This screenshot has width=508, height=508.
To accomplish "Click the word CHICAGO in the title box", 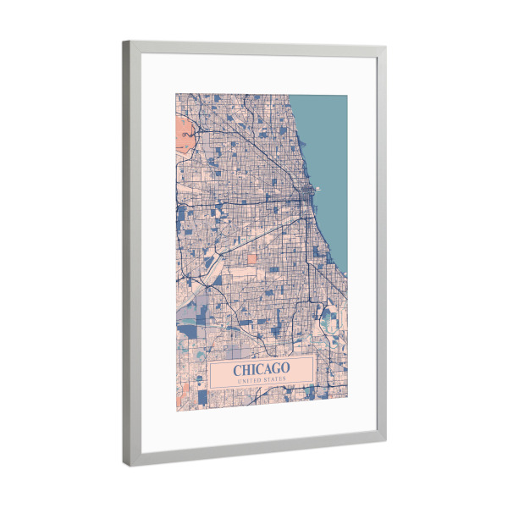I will tap(261, 369).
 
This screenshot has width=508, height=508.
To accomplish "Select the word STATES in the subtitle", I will tap(275, 380).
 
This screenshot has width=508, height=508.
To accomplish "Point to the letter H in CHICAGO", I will tap(244, 369).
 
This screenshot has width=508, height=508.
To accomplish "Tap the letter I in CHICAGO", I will tap(250, 369).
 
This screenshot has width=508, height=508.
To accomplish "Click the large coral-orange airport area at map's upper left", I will tap(184, 131).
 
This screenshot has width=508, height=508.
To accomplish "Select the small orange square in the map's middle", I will tap(252, 257).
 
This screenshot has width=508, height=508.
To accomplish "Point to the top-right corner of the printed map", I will tap(348, 93).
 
